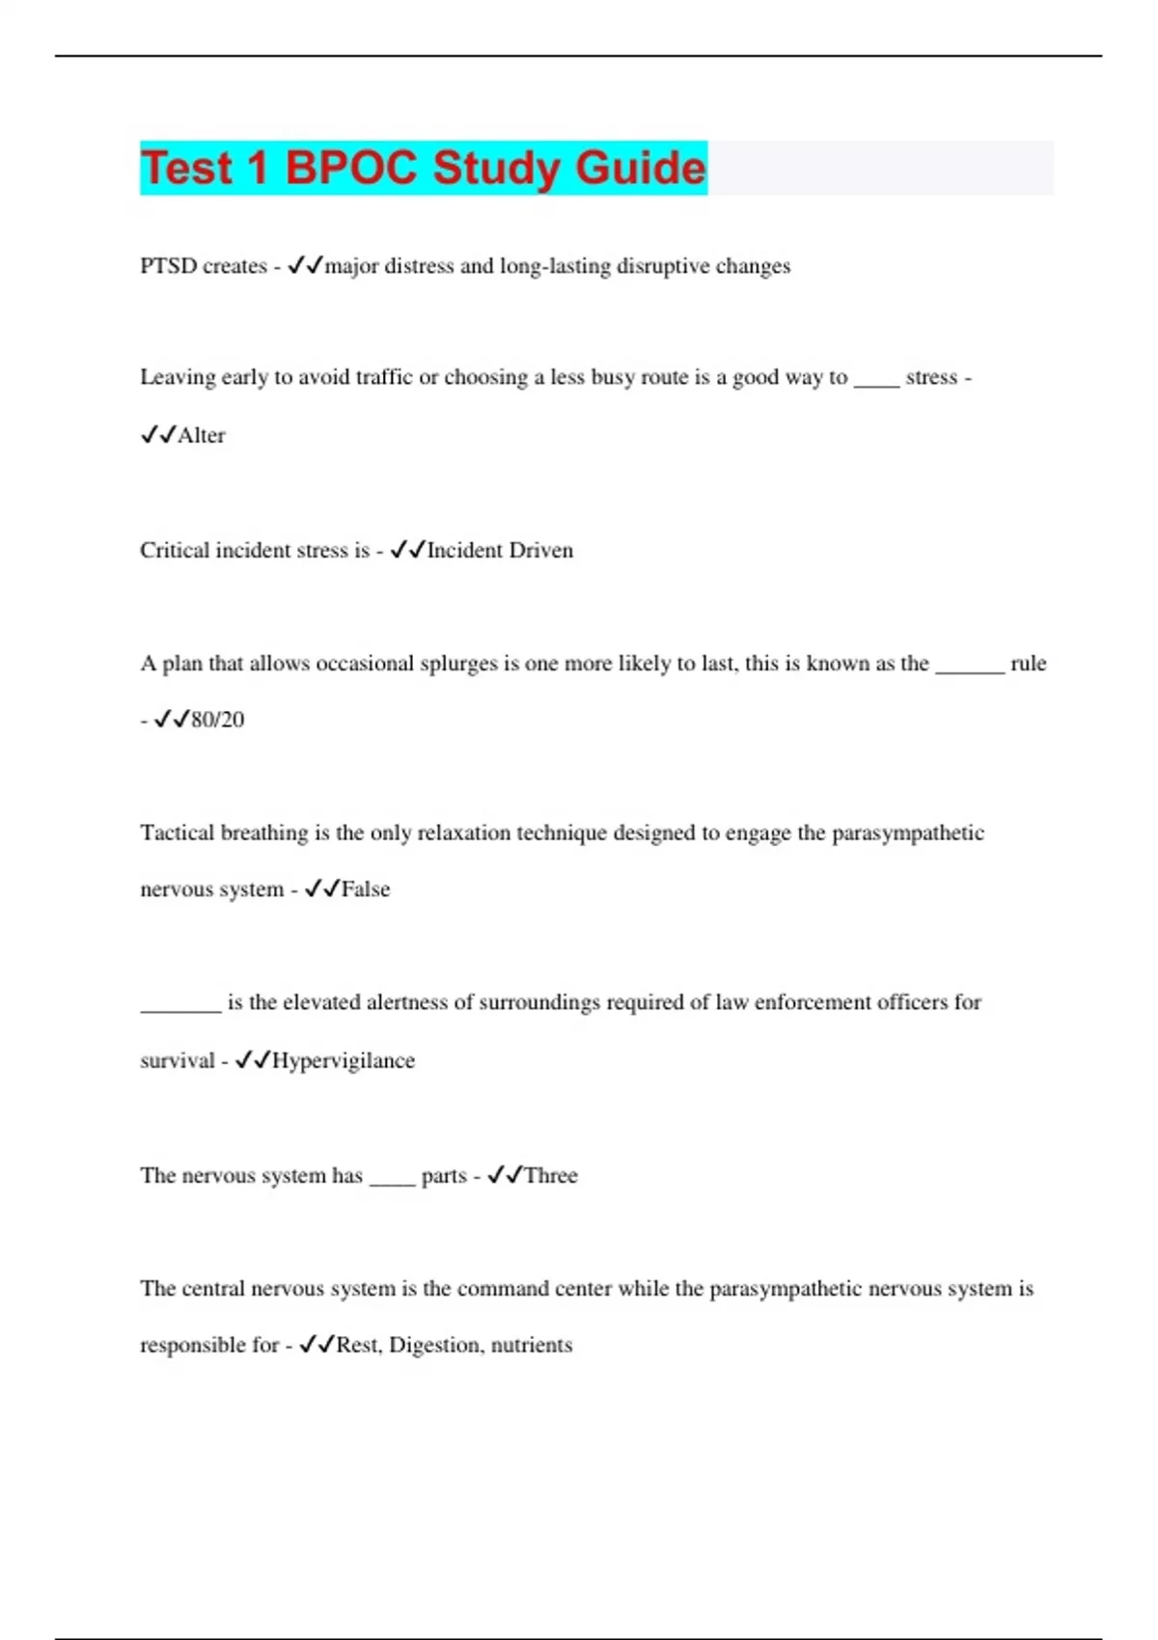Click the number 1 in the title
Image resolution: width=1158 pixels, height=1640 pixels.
[257, 168]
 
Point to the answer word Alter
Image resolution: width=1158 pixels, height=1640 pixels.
[202, 435]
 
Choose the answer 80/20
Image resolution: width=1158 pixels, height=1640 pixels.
[218, 720]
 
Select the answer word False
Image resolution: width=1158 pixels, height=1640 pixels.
[366, 889]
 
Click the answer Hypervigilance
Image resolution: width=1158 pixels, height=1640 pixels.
[344, 1060]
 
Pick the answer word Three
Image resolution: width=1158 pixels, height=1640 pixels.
[551, 1175]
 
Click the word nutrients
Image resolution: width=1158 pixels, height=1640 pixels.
[532, 1345]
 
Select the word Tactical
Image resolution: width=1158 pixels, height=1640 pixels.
[177, 833]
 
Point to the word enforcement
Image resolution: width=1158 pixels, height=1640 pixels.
[813, 1002]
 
